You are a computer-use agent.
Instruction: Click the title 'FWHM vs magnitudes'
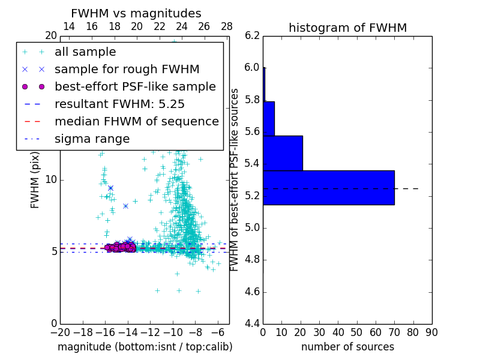tap(136, 13)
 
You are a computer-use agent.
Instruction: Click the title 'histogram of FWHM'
tap(347, 28)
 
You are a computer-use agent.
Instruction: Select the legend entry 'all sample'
tap(85, 52)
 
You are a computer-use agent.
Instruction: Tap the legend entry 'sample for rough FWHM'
tap(127, 69)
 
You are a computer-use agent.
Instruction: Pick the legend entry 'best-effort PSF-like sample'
tap(135, 86)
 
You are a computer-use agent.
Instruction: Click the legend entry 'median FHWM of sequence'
tap(136, 121)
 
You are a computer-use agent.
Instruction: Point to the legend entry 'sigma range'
tap(92, 139)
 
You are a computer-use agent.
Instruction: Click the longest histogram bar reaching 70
tap(328, 187)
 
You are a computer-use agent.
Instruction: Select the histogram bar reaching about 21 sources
tap(283, 153)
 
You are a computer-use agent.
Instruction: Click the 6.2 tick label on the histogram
tap(252, 35)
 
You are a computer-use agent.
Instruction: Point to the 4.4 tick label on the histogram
tap(252, 324)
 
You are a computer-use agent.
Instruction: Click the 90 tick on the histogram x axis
tap(432, 332)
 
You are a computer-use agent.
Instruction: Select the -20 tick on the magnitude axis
tap(60, 332)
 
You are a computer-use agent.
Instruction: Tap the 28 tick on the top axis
tap(227, 26)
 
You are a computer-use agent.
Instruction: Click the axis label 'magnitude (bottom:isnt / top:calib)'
tap(145, 347)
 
